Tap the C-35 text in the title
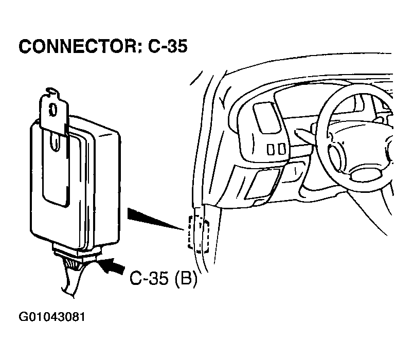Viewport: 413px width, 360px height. (x=168, y=47)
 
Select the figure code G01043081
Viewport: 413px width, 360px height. (x=52, y=317)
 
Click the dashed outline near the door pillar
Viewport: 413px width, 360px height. (x=199, y=234)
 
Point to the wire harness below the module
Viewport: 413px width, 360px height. (x=73, y=277)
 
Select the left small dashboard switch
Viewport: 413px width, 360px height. (x=271, y=149)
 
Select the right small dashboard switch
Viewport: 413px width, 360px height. (x=281, y=149)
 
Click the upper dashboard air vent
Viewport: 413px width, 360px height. (x=266, y=118)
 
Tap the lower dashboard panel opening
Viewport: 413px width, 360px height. (x=262, y=184)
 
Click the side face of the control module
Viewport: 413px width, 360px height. (x=106, y=187)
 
